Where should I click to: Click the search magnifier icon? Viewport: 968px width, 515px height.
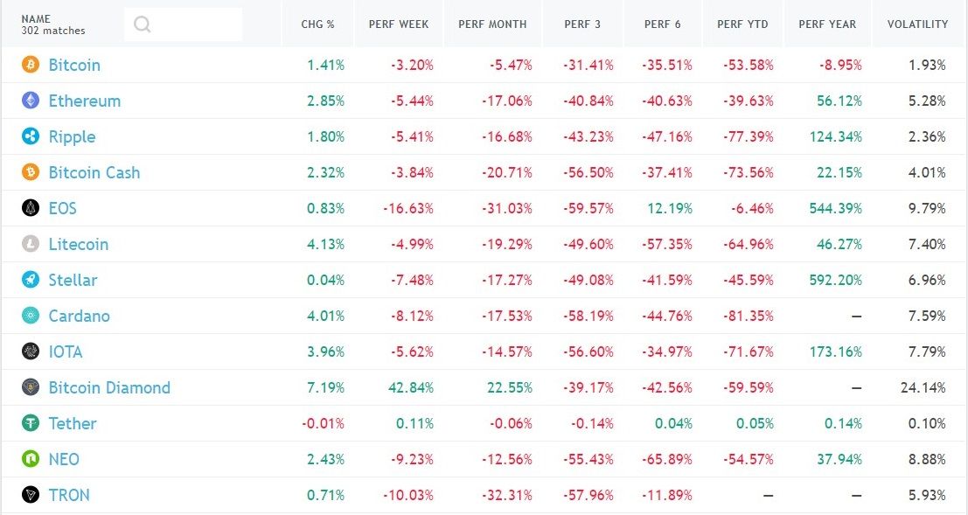coord(143,24)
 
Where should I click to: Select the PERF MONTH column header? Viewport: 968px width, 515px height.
coord(492,24)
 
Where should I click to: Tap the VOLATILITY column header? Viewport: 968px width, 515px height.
coord(917,24)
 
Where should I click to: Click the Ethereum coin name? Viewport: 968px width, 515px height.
coord(84,101)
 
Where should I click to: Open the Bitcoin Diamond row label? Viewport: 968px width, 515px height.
coord(109,387)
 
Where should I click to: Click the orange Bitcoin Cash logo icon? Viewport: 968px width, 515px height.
coord(31,172)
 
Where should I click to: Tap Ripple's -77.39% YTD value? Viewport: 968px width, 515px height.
coord(749,136)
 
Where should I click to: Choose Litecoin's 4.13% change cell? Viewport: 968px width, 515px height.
coord(326,244)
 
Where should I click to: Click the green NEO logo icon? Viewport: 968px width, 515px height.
coord(31,459)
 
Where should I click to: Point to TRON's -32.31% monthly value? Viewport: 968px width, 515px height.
coord(506,495)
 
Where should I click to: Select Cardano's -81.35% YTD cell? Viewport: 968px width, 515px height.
coord(749,316)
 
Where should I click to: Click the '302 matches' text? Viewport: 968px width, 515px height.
coord(53,31)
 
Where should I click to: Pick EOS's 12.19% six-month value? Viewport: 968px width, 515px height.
coord(670,208)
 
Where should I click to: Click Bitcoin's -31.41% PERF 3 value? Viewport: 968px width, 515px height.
coord(589,65)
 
